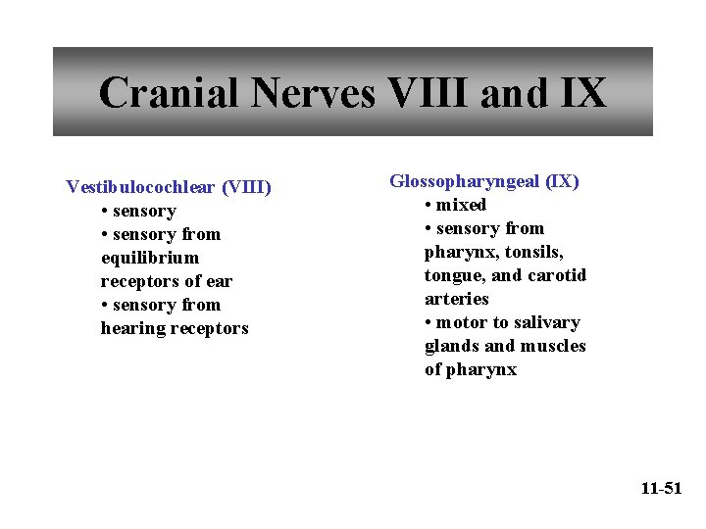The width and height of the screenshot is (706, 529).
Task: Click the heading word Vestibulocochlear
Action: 140,187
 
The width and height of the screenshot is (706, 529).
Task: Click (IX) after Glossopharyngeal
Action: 564,181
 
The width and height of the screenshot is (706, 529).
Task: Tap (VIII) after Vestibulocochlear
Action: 246,187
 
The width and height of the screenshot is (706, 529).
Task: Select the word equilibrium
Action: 149,258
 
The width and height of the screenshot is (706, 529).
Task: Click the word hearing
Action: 133,328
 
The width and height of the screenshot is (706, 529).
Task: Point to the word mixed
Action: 461,205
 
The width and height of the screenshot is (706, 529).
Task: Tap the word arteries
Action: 456,299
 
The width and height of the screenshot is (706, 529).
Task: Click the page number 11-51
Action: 660,488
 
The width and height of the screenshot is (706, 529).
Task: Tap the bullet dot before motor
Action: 429,323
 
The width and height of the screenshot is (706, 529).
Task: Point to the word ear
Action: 220,281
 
